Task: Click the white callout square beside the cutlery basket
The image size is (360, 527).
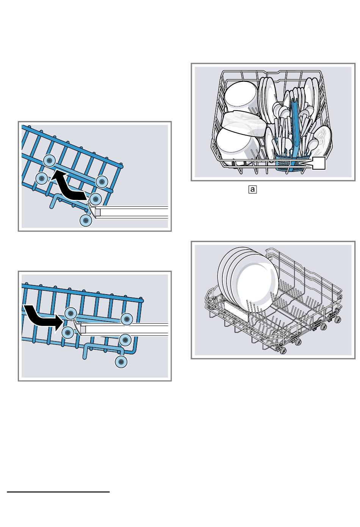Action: (318, 164)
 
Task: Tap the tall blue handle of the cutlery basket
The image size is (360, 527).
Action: (294, 125)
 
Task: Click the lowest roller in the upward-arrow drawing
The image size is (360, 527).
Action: (86, 221)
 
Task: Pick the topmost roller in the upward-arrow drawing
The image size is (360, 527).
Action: (49, 161)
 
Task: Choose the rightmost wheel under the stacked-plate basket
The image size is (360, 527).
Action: (337, 320)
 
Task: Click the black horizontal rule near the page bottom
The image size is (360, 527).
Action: (58, 492)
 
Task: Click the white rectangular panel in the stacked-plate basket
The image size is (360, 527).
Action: (236, 311)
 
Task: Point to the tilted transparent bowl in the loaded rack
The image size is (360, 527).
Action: (244, 123)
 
